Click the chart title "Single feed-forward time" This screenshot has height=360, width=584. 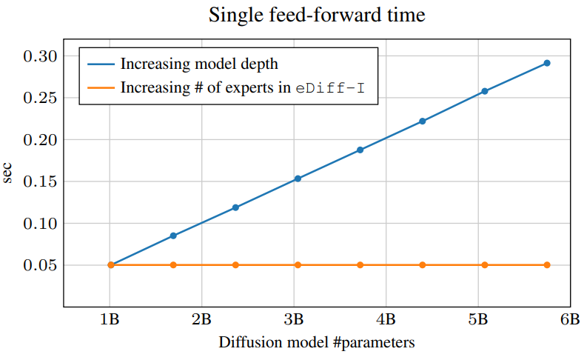click(x=317, y=16)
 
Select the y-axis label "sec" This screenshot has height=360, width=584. click(x=7, y=173)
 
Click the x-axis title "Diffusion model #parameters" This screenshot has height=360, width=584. click(x=317, y=342)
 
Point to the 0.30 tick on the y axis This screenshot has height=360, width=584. click(x=41, y=56)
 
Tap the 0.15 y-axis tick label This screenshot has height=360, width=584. click(x=41, y=181)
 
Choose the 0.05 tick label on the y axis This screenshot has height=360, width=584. click(x=41, y=265)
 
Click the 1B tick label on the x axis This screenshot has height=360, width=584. click(x=110, y=319)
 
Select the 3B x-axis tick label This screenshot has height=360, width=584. click(x=294, y=319)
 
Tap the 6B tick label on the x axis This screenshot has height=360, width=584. click(x=570, y=319)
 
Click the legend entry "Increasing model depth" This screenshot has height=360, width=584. click(x=199, y=64)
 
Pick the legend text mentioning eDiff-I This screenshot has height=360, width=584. click(x=243, y=87)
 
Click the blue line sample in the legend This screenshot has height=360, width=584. click(x=101, y=64)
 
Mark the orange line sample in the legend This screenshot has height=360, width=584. click(x=101, y=88)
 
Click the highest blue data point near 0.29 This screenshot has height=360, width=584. click(x=547, y=63)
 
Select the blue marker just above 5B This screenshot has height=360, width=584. click(x=485, y=91)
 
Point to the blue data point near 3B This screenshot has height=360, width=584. click(x=298, y=179)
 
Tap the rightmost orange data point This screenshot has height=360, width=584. click(x=547, y=265)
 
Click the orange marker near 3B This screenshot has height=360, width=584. click(x=298, y=265)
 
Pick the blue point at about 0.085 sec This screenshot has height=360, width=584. click(x=173, y=236)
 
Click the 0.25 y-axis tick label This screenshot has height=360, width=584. click(x=41, y=98)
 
